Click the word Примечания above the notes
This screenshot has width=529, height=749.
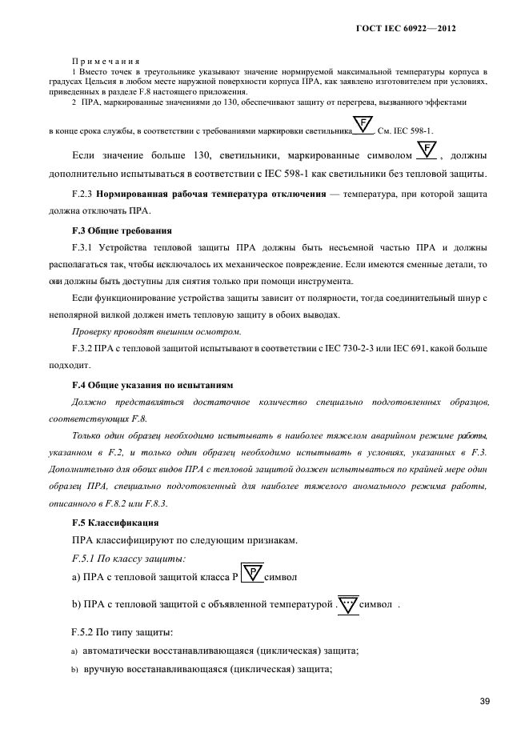click(106, 62)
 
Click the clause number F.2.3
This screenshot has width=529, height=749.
click(84, 194)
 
